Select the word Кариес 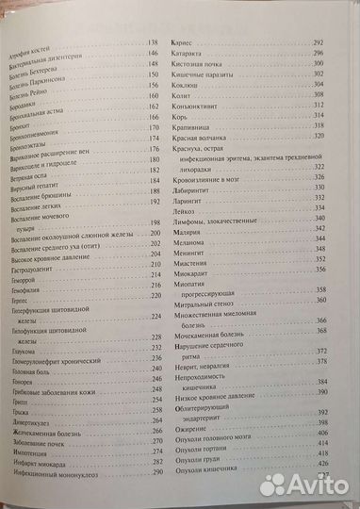180,43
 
